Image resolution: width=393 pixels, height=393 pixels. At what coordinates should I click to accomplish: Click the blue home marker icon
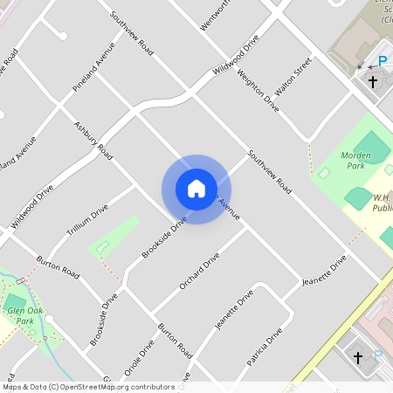point(196,189)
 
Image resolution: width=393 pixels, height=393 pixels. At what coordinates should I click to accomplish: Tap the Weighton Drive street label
point(258,90)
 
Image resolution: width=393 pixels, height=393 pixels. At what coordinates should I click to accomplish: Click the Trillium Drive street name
point(87,222)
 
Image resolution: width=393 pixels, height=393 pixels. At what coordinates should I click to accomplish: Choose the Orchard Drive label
point(198,272)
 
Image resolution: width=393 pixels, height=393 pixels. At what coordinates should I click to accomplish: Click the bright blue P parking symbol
point(382,62)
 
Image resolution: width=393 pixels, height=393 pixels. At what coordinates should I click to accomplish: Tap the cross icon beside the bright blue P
point(373,82)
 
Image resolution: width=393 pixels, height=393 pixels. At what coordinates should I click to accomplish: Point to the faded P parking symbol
point(377,355)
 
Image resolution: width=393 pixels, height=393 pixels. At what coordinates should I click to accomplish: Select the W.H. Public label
point(383,203)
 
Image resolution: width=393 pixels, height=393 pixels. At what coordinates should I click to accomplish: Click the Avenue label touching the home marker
point(228,207)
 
